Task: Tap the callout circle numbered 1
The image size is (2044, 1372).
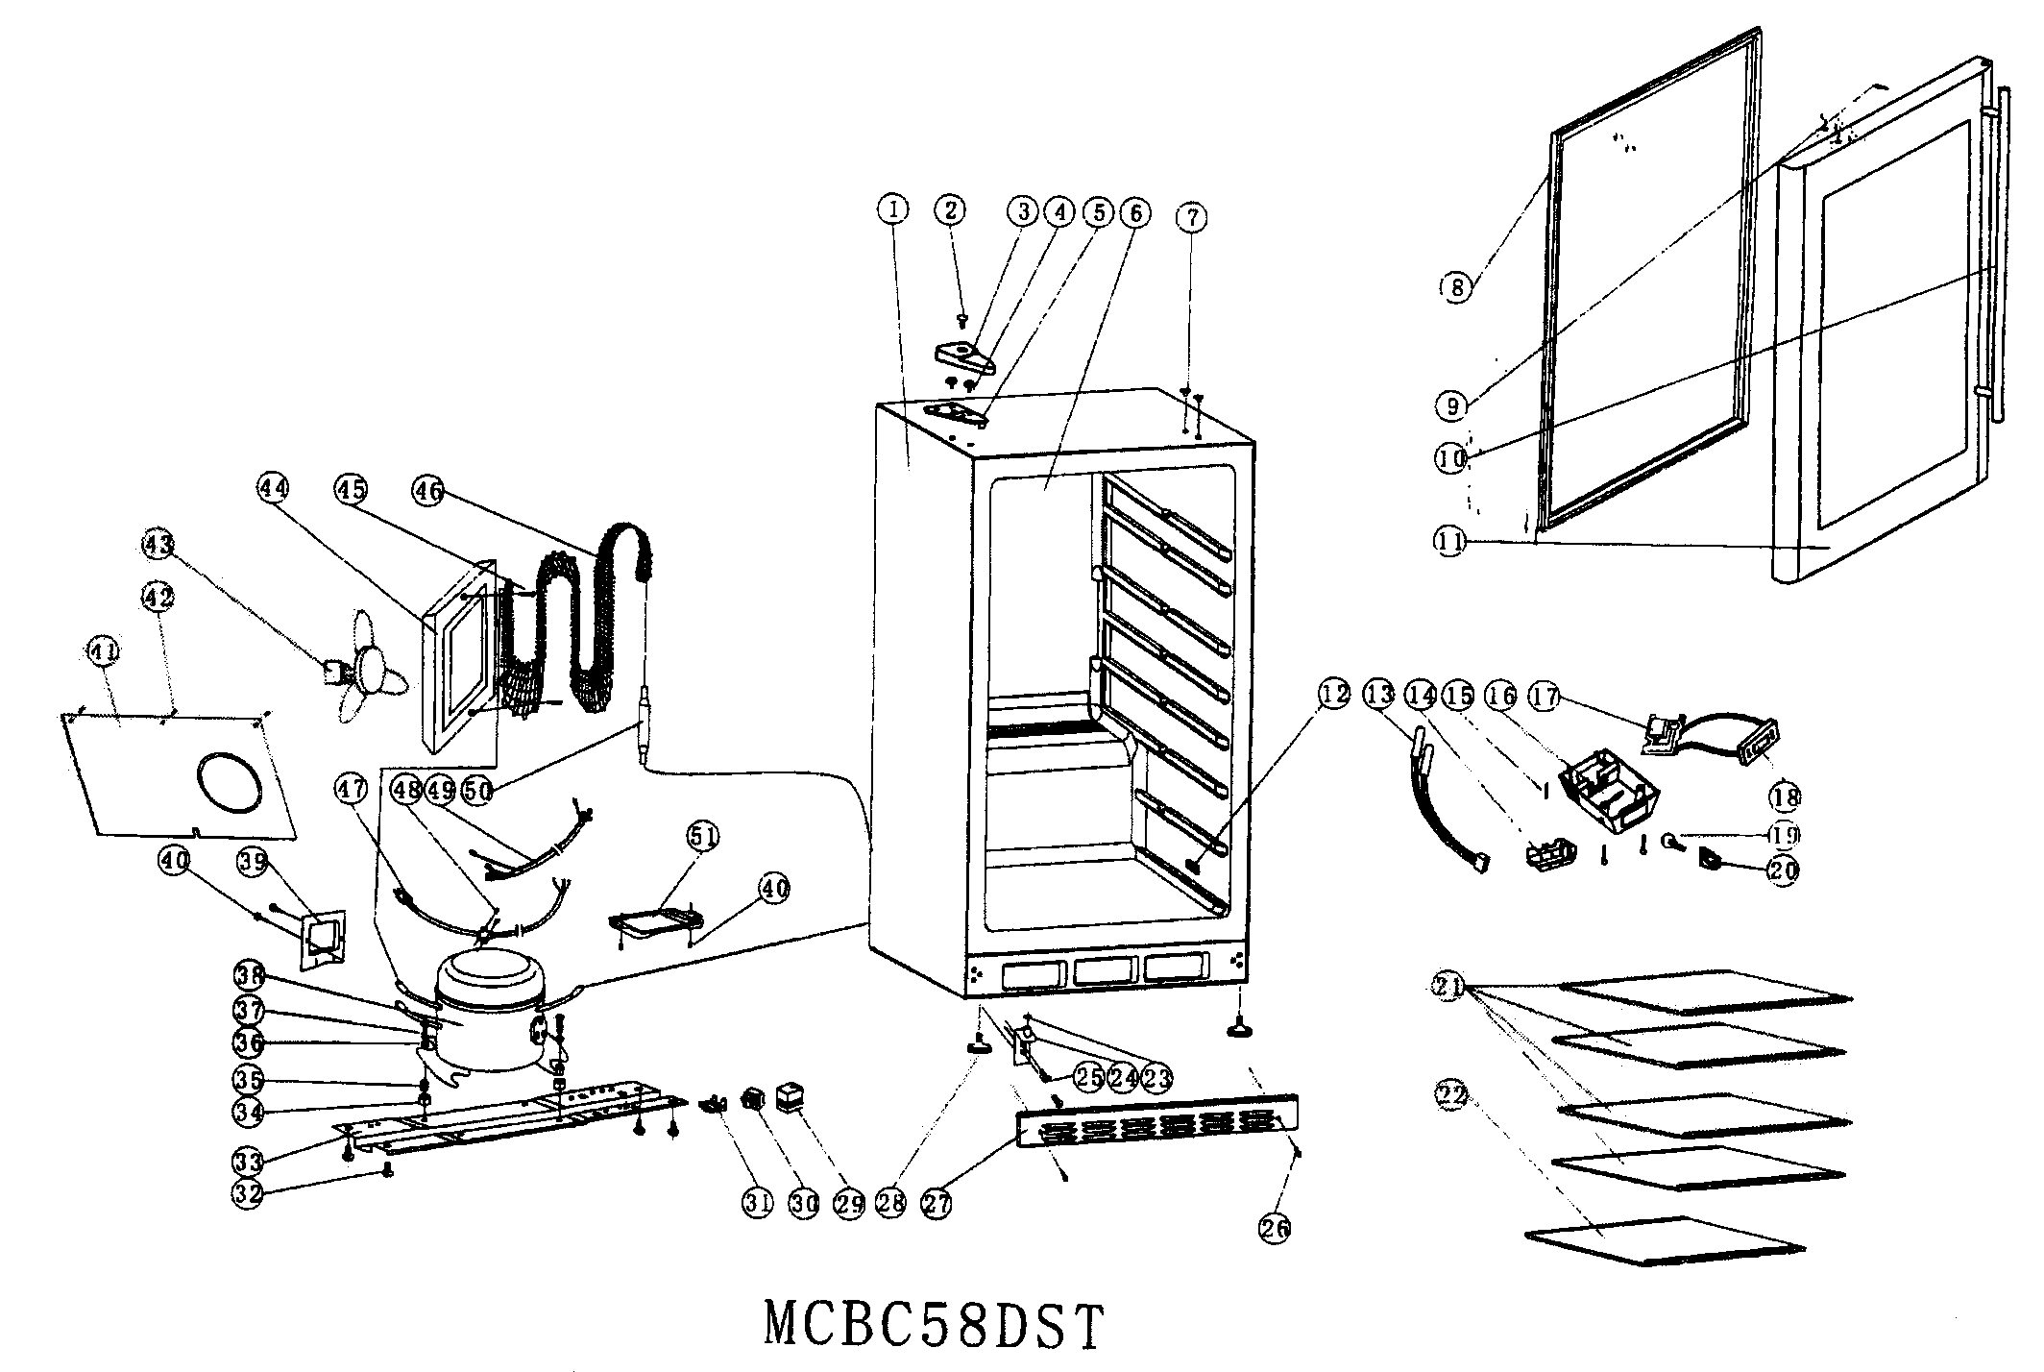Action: click(892, 208)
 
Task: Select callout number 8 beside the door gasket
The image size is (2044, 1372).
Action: click(1456, 286)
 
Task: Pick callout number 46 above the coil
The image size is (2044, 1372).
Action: click(427, 492)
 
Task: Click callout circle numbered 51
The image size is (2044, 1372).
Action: click(702, 837)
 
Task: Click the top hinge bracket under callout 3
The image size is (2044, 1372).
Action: click(964, 357)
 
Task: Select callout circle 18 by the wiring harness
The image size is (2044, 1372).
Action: click(1787, 796)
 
